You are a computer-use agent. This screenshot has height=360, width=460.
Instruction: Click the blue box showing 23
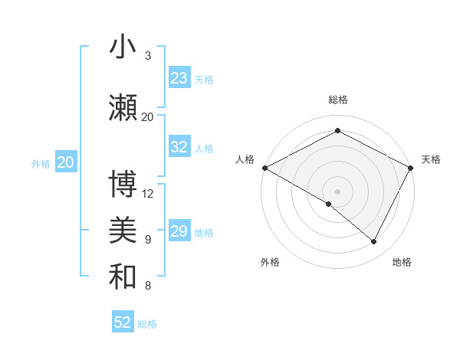pos(179,78)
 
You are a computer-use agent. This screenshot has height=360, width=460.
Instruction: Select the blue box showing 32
pos(179,147)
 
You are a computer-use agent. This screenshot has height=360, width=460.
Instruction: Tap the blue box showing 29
pos(179,232)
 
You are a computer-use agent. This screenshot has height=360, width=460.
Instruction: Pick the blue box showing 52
pos(123,322)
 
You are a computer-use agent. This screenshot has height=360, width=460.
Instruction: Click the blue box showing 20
pos(66,162)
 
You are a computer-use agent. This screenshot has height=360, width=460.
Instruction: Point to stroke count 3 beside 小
pos(148,56)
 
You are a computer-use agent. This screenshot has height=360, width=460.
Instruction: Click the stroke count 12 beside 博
pos(148,193)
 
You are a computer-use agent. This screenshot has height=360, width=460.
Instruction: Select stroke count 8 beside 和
pos(148,286)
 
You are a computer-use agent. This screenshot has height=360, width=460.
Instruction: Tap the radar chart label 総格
pos(337,100)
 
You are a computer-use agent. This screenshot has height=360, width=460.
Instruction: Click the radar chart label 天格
pos(431,159)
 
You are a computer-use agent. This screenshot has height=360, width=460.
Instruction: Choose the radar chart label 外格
pos(270,262)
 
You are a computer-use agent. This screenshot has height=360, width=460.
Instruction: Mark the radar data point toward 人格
pos(264,168)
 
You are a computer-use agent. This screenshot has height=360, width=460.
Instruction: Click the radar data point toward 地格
pos(373,241)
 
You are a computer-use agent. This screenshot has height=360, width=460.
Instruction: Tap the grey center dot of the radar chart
pos(337,191)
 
